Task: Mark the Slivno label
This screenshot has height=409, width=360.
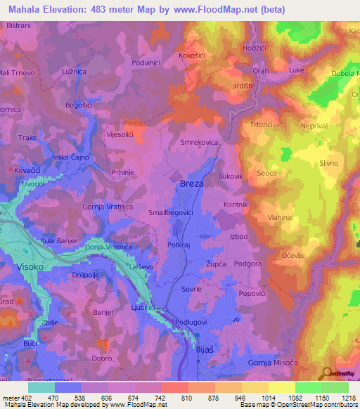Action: click(329, 163)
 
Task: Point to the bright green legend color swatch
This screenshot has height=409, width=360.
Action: click(309, 387)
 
